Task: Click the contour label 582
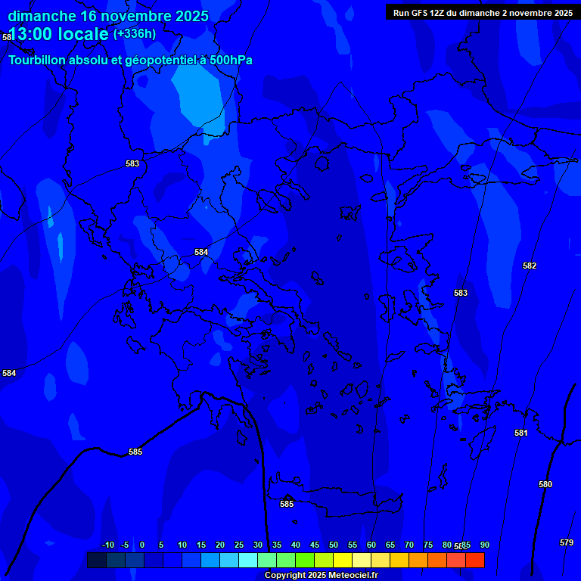point(530,266)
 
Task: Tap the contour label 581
point(521,433)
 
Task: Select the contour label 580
point(545,484)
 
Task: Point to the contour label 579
point(567,542)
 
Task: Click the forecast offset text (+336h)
point(135,34)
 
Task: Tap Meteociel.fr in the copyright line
point(353,576)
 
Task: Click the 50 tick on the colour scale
point(334,545)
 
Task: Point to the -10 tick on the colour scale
point(107,545)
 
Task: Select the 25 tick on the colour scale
point(239,545)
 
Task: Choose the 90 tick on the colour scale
point(484,545)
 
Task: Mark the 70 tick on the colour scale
point(409,545)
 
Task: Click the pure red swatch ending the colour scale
point(475,560)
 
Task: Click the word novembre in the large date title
point(126,16)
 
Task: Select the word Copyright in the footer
point(284,576)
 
